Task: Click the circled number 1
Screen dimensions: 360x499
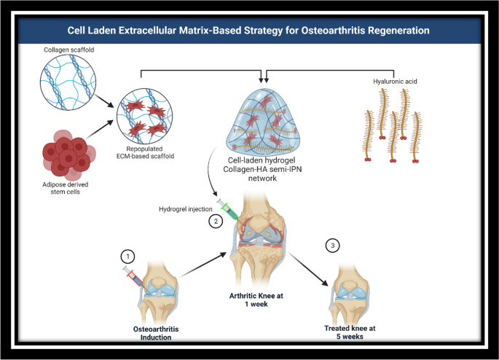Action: (x=128, y=256)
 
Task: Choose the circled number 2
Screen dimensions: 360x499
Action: (x=214, y=219)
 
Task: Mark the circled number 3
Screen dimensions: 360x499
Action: (x=333, y=246)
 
